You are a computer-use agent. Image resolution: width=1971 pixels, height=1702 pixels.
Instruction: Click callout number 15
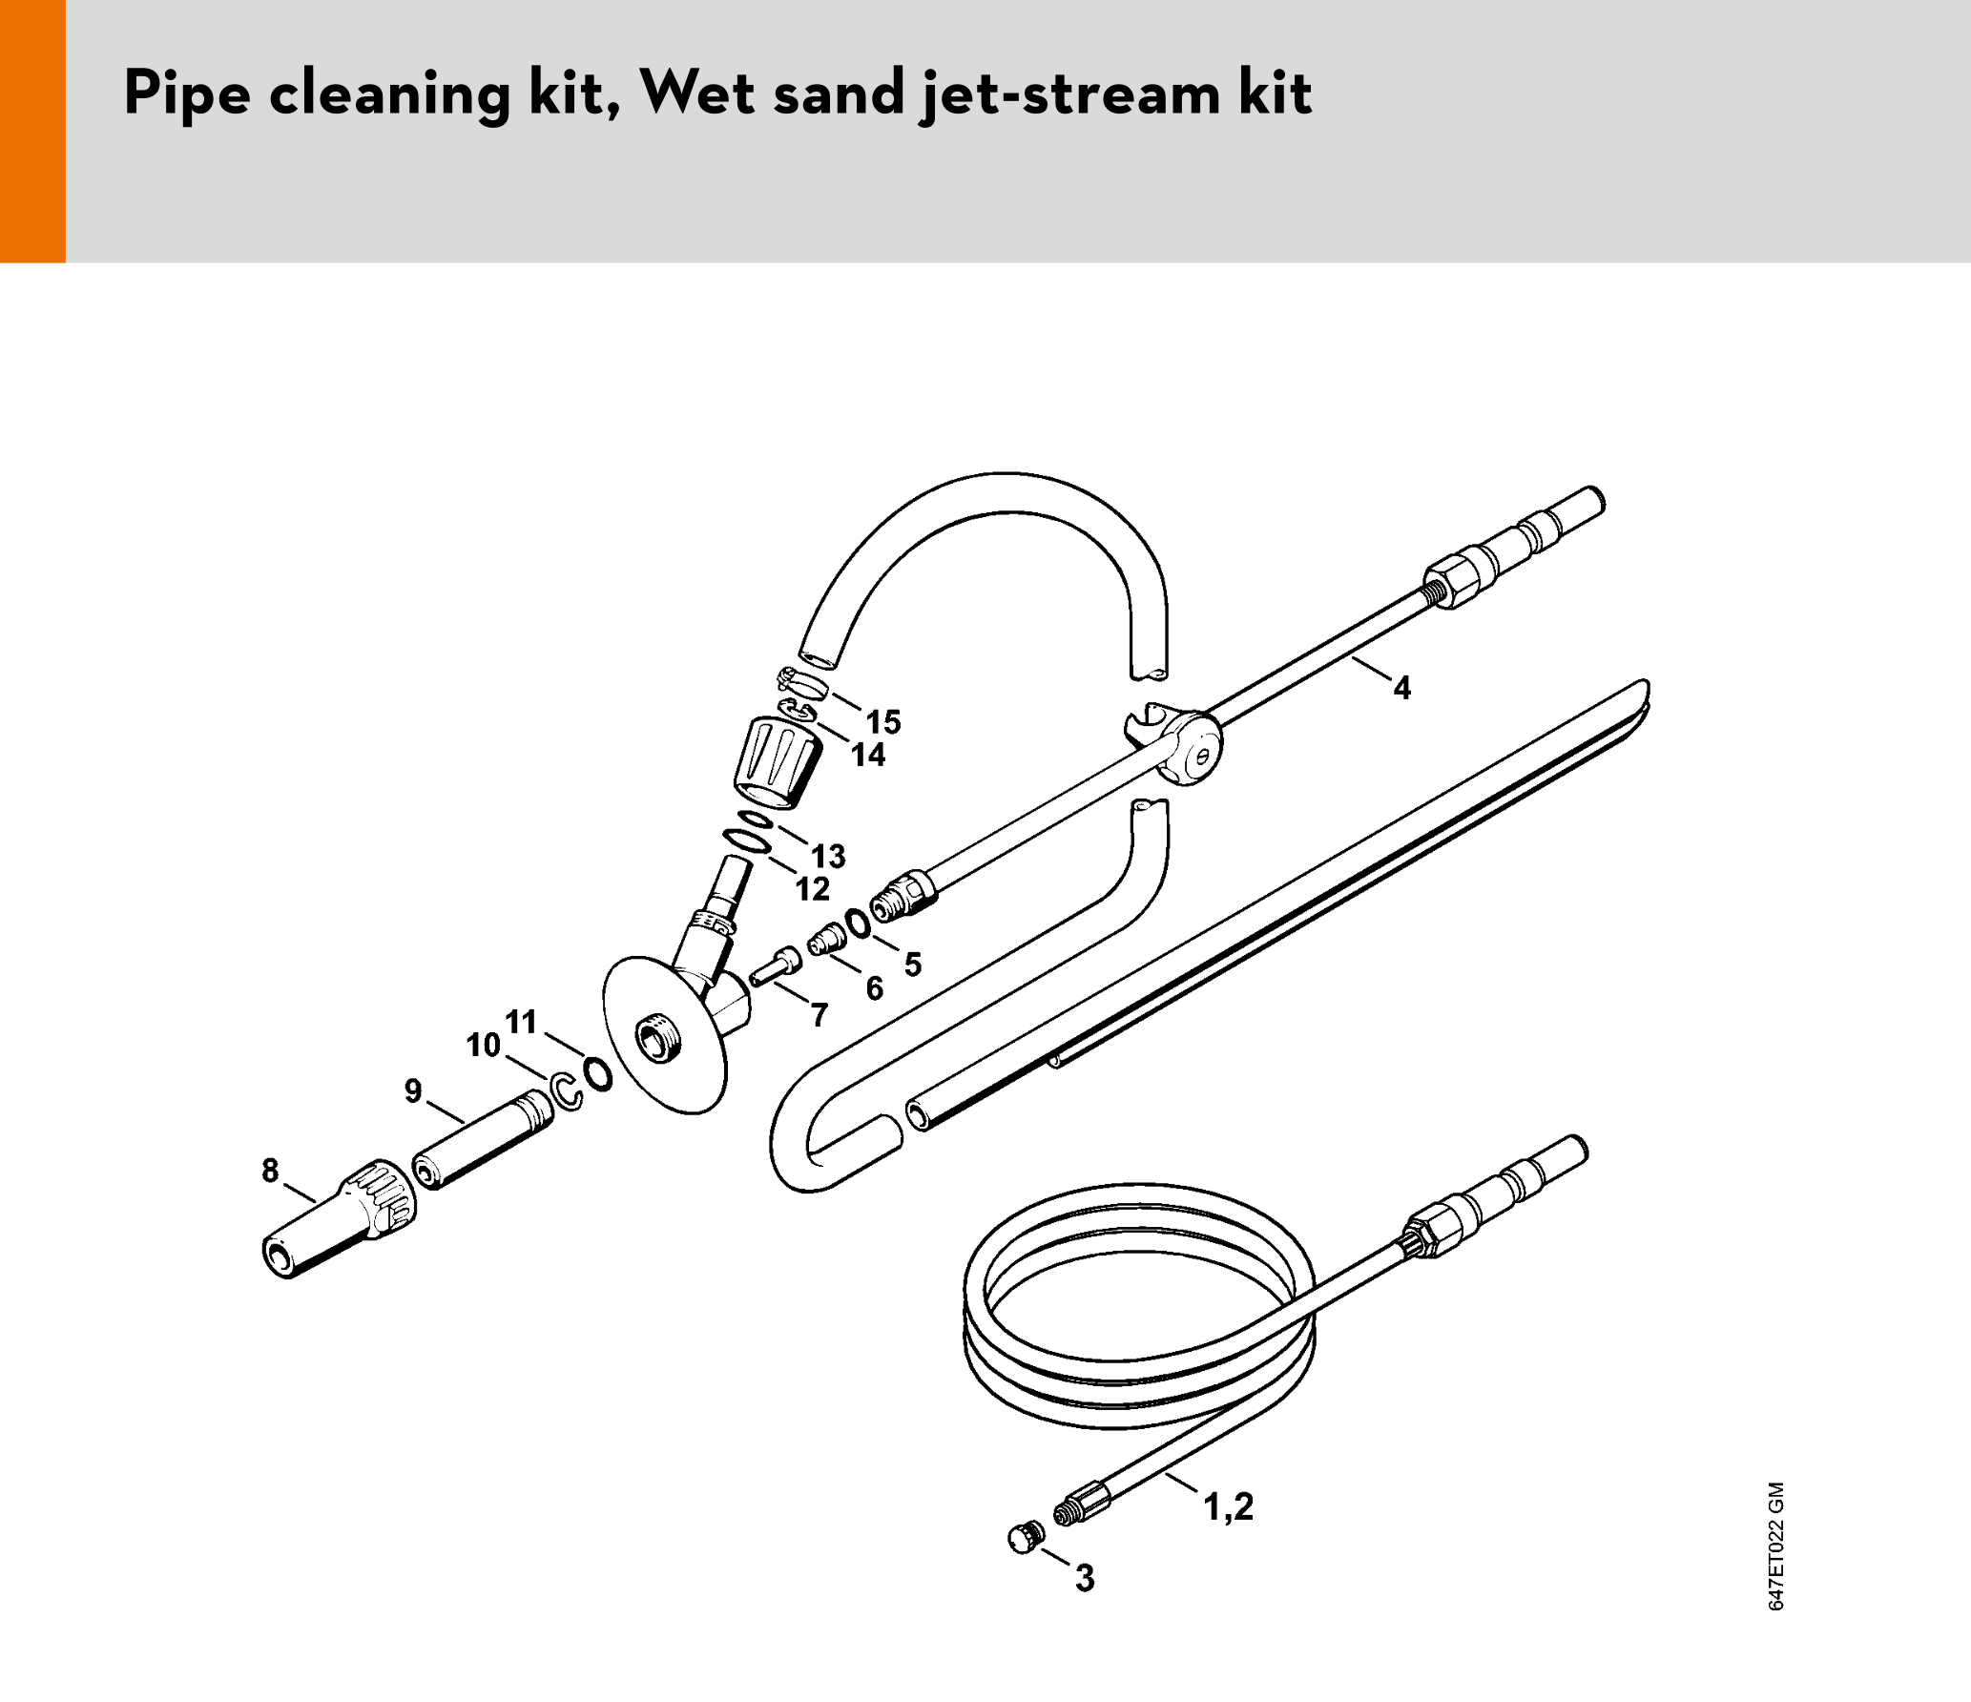click(883, 722)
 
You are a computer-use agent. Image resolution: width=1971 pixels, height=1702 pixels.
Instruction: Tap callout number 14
click(868, 756)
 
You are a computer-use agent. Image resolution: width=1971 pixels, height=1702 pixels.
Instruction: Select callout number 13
click(828, 857)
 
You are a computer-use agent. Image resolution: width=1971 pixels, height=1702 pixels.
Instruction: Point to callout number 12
click(813, 889)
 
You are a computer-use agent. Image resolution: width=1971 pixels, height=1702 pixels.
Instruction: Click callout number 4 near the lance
click(1401, 688)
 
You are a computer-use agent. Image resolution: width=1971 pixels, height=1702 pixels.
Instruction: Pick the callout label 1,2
click(1229, 1507)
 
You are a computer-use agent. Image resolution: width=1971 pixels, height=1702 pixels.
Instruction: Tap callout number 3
click(1085, 1578)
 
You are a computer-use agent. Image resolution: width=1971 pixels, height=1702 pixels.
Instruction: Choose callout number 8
click(271, 1170)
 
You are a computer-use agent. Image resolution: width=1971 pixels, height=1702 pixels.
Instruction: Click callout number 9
click(413, 1090)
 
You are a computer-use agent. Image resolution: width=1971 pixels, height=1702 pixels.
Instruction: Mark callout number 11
click(521, 1022)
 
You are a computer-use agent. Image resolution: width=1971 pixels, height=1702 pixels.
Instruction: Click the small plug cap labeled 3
click(1027, 1538)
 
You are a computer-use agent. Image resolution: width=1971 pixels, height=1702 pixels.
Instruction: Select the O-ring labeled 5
click(858, 923)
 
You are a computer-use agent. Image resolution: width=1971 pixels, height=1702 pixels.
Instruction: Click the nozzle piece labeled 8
click(339, 1219)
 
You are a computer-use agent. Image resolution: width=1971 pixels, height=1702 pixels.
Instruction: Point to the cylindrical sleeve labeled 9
click(483, 1139)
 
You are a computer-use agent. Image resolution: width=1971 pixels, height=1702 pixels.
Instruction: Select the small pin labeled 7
click(775, 965)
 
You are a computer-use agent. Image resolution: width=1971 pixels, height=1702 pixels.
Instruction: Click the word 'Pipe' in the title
click(188, 94)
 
